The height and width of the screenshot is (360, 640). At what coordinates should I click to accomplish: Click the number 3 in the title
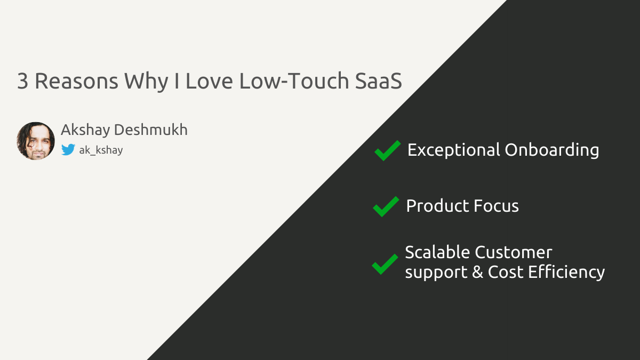23,81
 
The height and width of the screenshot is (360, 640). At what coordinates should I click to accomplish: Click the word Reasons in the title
76,81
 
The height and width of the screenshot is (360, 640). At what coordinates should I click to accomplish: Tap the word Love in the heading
210,81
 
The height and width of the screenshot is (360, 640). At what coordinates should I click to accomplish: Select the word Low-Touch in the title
294,81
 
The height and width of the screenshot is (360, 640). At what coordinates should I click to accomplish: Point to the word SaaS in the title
379,81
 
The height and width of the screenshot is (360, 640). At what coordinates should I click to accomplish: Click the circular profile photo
36,141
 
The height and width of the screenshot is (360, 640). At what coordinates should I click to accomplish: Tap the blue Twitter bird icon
68,150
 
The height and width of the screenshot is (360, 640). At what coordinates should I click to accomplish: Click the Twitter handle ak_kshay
101,150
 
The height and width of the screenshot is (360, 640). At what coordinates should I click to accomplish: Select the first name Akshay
85,130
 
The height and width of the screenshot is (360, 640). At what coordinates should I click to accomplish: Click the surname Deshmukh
151,130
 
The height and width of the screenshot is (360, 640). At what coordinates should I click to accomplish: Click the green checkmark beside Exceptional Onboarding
387,150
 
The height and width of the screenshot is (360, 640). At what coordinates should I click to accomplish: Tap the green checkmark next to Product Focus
386,206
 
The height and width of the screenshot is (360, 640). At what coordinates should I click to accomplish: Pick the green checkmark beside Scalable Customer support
385,265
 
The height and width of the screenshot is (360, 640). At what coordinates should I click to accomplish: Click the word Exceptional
454,150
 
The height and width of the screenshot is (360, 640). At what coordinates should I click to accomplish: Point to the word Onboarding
552,150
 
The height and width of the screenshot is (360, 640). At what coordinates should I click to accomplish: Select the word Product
437,206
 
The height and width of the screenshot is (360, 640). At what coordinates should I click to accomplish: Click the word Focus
497,206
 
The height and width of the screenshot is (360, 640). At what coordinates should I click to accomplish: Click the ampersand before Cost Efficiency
477,271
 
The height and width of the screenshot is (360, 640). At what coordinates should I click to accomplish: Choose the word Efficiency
566,273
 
